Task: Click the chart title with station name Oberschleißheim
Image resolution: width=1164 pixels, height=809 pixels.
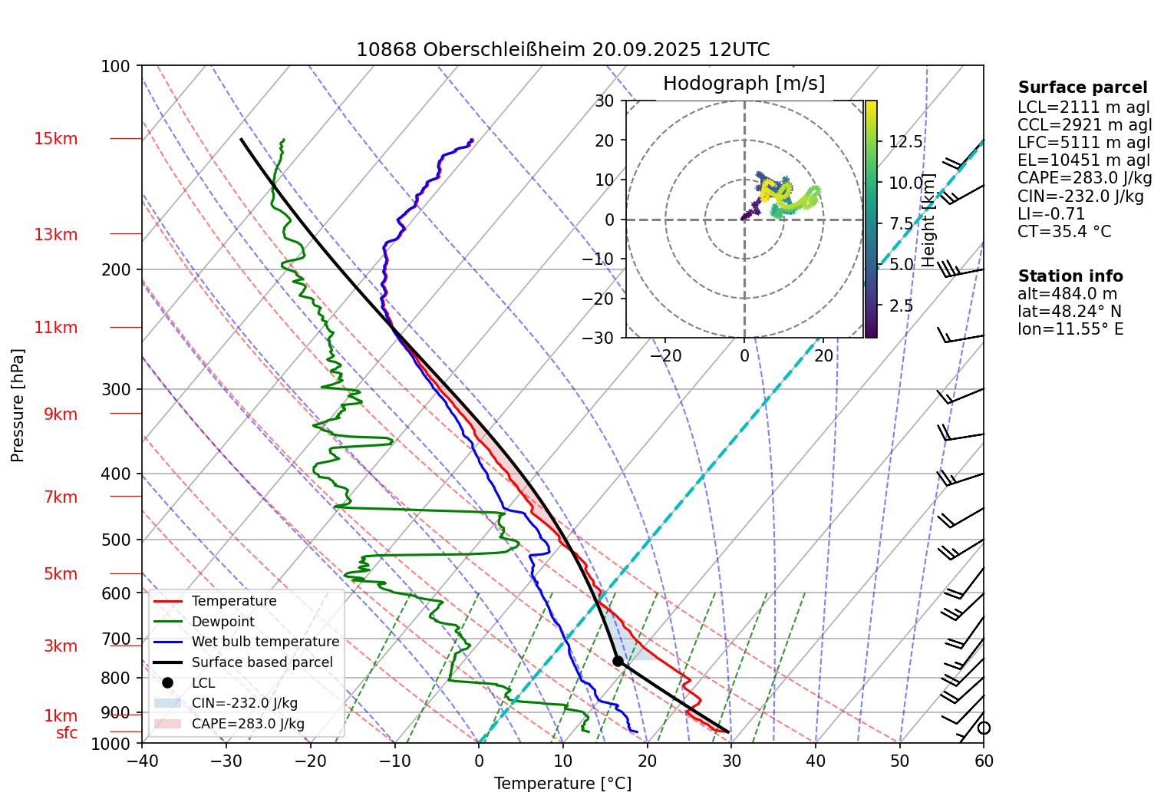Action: click(x=562, y=50)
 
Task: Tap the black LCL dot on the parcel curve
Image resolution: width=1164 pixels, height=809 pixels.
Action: click(x=618, y=661)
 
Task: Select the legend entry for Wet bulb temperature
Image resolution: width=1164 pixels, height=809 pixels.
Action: click(x=265, y=642)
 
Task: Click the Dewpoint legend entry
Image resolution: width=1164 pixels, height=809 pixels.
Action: click(x=223, y=622)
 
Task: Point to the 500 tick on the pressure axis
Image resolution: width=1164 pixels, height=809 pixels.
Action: click(x=116, y=540)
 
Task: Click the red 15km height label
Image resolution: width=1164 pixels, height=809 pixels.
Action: click(x=55, y=139)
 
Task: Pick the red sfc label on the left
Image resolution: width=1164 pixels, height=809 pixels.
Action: click(x=67, y=733)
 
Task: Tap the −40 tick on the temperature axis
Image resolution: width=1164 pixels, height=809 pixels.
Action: click(x=142, y=761)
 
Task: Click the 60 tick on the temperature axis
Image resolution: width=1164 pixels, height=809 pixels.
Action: click(x=984, y=761)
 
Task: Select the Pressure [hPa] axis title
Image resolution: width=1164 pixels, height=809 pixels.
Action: click(x=18, y=405)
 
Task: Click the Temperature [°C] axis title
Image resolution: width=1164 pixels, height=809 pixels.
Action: click(x=562, y=784)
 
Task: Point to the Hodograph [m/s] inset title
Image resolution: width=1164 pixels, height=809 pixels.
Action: click(x=744, y=84)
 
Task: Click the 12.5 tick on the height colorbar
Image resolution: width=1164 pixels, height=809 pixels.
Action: click(x=905, y=142)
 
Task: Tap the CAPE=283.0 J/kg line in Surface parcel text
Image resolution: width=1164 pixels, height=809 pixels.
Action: click(x=1084, y=179)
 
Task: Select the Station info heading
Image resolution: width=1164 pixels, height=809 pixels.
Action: click(x=1070, y=276)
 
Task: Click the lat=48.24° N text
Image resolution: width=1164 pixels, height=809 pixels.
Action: click(x=1069, y=312)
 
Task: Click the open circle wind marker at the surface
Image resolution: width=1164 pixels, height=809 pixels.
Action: click(x=984, y=728)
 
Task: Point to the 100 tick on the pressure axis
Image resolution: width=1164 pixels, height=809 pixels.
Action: click(x=116, y=67)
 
